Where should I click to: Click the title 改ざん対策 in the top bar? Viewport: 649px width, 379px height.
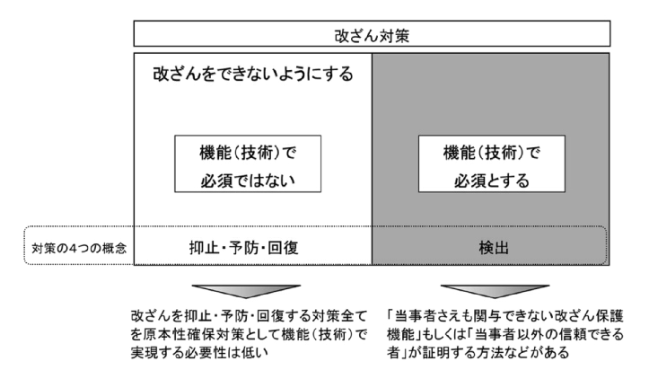pos(372,36)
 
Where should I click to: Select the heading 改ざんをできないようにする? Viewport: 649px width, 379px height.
pos(253,75)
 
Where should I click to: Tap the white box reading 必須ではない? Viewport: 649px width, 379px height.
pos(248,163)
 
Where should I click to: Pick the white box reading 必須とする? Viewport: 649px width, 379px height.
pos(492,163)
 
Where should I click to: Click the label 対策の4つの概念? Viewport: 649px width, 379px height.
pos(79,248)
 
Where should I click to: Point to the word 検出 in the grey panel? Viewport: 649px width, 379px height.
pos(494,248)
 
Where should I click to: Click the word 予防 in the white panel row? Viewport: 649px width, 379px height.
pos(243,248)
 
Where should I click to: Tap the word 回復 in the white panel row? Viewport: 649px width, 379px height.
pos(283,248)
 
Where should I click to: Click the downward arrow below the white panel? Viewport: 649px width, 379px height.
pos(246,291)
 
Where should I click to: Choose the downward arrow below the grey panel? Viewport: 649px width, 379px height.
pos(495,291)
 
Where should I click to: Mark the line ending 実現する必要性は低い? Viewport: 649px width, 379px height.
pos(199,352)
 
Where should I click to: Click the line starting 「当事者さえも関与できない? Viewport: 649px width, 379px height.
pos(505,316)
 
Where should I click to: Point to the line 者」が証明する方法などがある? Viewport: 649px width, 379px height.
pos(478,352)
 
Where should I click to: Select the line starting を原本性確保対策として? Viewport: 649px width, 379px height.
pos(250,334)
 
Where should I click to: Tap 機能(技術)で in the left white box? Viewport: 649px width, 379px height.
pos(248,153)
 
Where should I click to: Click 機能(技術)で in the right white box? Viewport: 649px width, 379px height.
pos(492,153)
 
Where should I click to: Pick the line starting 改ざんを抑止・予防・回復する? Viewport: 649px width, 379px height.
pos(250,316)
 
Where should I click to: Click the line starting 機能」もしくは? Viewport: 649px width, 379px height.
pos(505,334)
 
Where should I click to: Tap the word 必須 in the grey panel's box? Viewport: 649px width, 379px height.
pos(469,181)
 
